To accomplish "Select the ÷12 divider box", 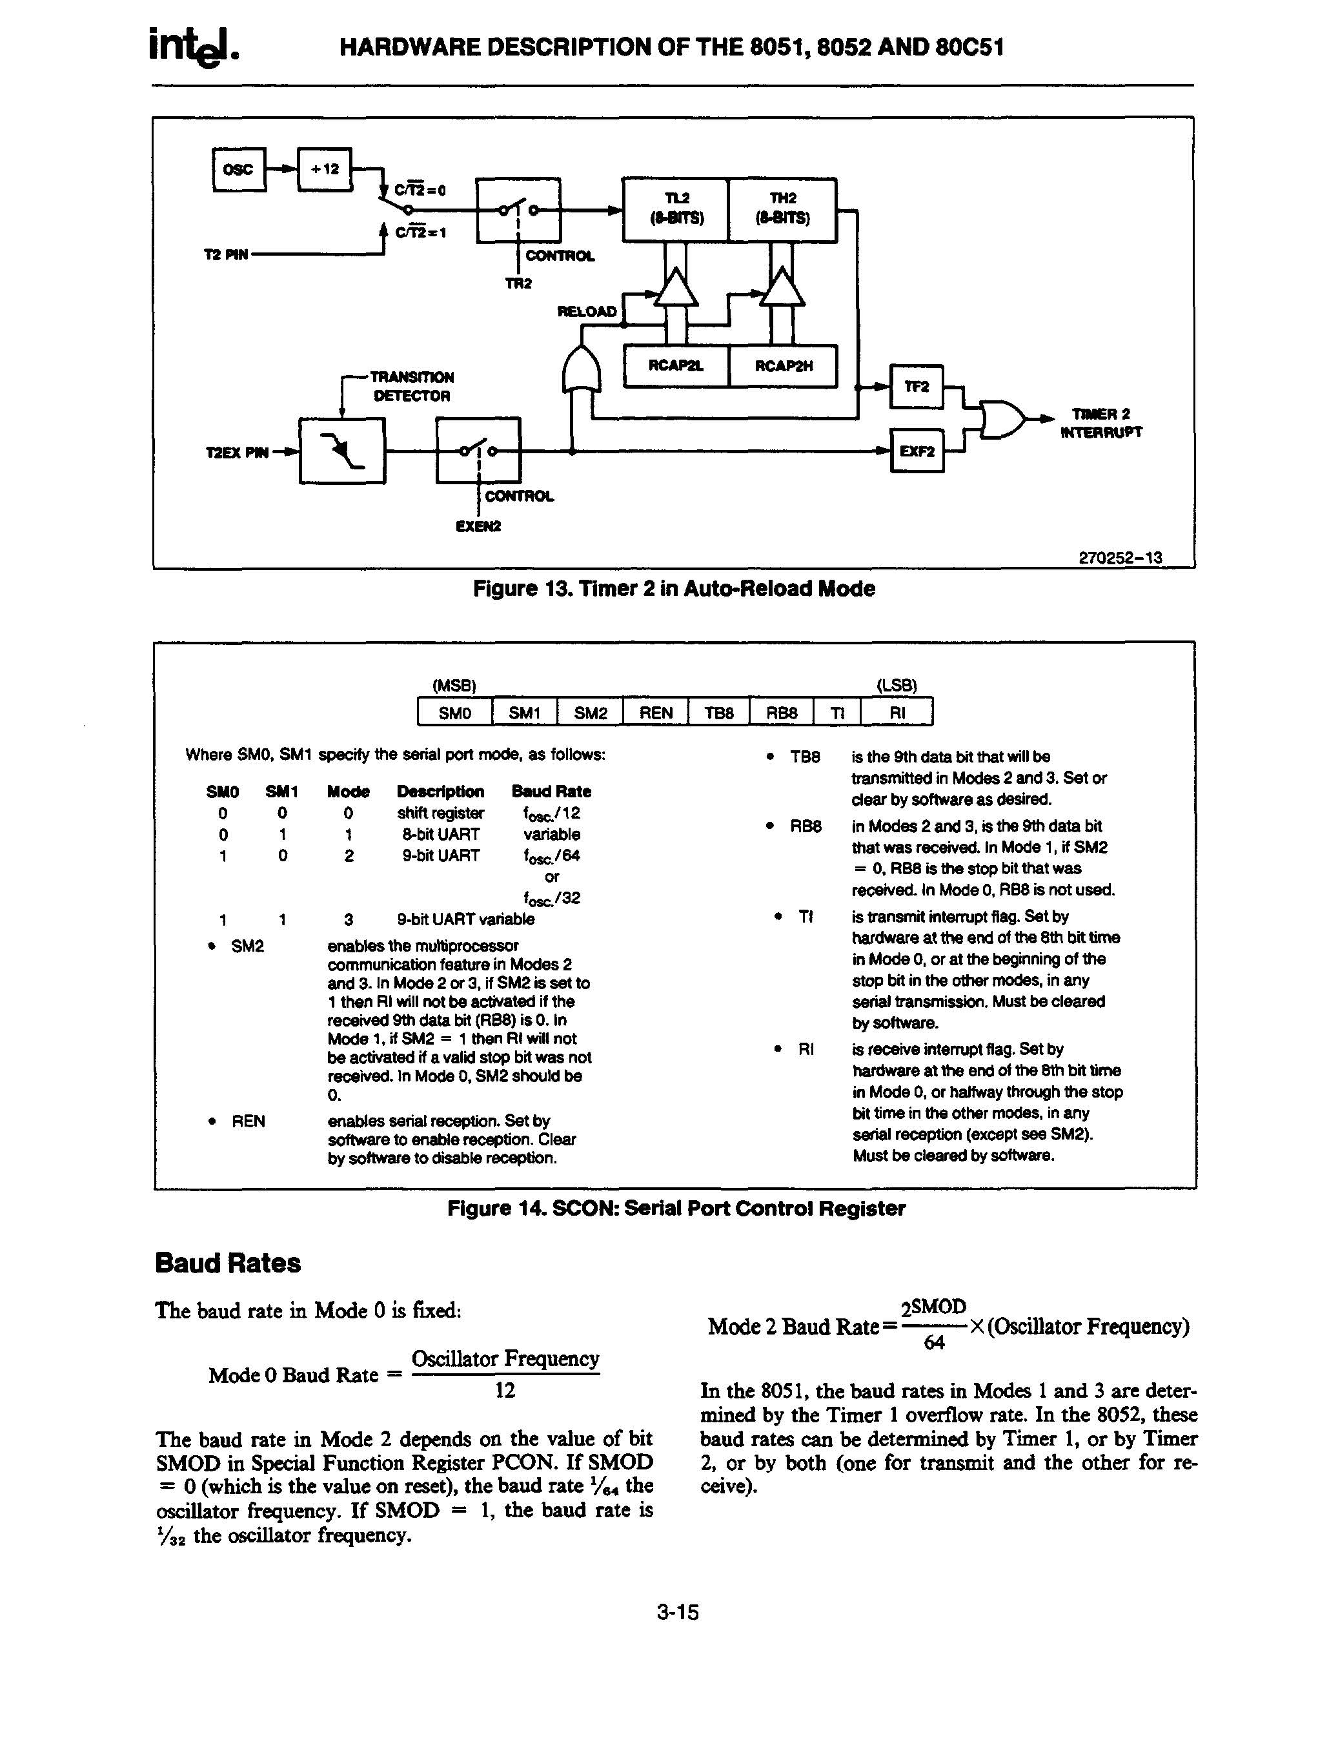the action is (323, 169).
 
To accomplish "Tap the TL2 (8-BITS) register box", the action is (676, 210).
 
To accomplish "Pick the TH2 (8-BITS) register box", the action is (782, 210).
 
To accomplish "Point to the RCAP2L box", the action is (676, 366).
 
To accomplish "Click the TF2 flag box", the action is (917, 387).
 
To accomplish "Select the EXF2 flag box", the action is (917, 451).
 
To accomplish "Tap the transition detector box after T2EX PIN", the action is (342, 451).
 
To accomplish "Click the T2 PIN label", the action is (226, 254).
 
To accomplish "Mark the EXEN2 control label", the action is (478, 527).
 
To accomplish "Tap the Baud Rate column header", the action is (551, 792).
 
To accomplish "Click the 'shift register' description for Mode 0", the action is (440, 813).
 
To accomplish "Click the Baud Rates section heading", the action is (228, 1263).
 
